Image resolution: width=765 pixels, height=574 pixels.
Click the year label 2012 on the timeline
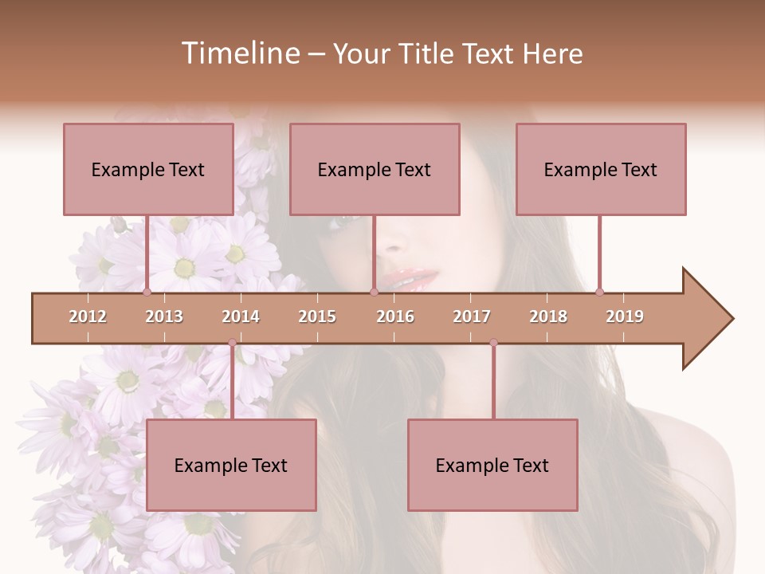pos(88,316)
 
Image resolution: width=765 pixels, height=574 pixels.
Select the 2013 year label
pos(164,316)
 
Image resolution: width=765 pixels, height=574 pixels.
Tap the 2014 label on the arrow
pos(241,316)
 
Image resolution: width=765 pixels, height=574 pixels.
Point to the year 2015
pos(317,316)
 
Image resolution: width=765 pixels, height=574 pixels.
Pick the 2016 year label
pos(395,316)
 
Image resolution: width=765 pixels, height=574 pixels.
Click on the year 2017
pos(472,316)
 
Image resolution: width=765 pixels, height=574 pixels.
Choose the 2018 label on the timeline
pos(548,316)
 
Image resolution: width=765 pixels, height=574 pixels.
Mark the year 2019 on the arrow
pos(625,316)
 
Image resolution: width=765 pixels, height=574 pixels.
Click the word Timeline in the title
pos(239,53)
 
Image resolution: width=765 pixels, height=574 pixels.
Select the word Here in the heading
pos(552,53)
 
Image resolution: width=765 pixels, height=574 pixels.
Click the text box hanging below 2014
pos(231,465)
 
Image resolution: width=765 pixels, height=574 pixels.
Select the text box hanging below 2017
pos(492,465)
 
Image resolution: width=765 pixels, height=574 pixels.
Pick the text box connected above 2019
pos(601,169)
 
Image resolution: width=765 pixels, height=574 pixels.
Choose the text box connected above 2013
pos(148,169)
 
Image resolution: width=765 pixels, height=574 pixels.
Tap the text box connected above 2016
pos(375,169)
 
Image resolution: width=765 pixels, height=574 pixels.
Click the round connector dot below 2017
pos(493,343)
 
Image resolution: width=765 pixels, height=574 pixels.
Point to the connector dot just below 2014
pos(232,343)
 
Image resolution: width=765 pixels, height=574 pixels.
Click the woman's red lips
pos(411,279)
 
